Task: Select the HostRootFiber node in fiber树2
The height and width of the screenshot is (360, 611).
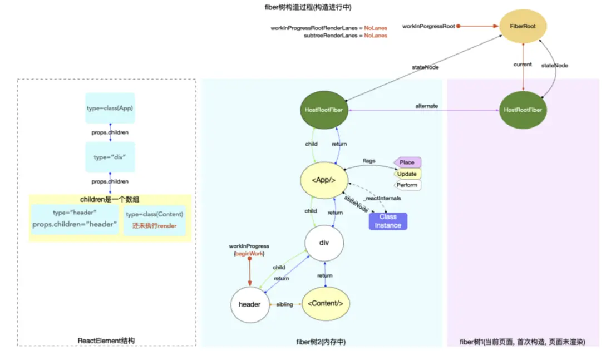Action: pos(324,110)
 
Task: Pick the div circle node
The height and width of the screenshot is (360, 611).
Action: pos(324,243)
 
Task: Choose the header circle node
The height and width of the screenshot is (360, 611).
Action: pos(249,304)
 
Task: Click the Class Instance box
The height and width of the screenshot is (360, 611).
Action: pos(388,221)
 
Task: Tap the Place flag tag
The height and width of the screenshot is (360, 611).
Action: pos(407,162)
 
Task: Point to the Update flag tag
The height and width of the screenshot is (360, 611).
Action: pos(407,174)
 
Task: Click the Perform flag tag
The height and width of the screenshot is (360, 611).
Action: pos(407,185)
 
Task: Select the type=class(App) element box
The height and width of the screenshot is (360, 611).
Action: pos(110,108)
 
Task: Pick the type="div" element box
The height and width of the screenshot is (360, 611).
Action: pos(110,157)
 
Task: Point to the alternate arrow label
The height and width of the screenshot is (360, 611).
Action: pos(426,106)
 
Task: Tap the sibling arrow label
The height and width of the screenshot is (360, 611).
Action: pos(285,305)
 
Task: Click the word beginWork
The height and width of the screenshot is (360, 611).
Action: pos(249,254)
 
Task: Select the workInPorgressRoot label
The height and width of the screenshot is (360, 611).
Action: pos(428,26)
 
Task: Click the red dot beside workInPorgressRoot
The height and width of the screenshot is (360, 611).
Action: pos(459,26)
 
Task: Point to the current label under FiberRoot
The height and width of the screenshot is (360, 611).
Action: pos(523,65)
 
